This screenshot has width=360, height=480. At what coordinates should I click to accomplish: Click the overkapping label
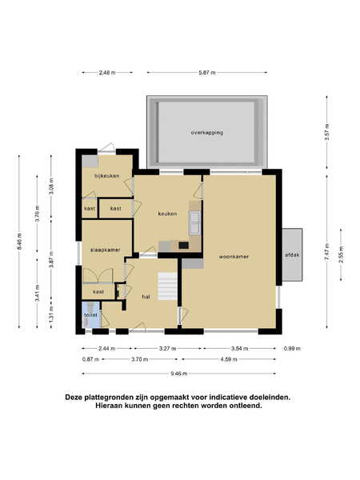pyautogui.click(x=207, y=133)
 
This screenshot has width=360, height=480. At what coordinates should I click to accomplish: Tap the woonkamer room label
pyautogui.click(x=234, y=257)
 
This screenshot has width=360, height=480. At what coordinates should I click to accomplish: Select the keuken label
pyautogui.click(x=167, y=214)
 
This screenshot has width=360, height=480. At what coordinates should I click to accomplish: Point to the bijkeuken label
pyautogui.click(x=107, y=176)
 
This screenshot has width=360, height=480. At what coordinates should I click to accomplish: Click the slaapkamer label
pyautogui.click(x=106, y=250)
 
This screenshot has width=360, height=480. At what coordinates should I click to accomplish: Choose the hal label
pyautogui.click(x=146, y=297)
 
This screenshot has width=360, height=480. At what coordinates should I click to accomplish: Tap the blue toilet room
pyautogui.click(x=91, y=314)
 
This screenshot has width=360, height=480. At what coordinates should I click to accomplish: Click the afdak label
pyautogui.click(x=292, y=254)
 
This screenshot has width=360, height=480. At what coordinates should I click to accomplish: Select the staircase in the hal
pyautogui.click(x=167, y=286)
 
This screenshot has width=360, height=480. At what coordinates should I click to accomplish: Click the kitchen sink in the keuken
pyautogui.click(x=194, y=222)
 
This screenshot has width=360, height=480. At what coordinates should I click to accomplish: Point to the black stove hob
pyautogui.click(x=184, y=246)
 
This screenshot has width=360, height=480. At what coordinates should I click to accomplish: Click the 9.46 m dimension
pyautogui.click(x=178, y=374)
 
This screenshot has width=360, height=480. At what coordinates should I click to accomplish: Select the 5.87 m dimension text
pyautogui.click(x=207, y=73)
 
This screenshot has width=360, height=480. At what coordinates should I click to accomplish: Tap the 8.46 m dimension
pyautogui.click(x=19, y=242)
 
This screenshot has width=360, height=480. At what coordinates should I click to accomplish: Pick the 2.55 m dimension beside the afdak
pyautogui.click(x=341, y=254)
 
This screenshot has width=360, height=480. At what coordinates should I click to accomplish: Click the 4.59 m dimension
pyautogui.click(x=229, y=359)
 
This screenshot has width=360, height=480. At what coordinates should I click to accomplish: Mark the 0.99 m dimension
pyautogui.click(x=292, y=348)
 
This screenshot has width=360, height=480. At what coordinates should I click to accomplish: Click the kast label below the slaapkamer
pyautogui.click(x=98, y=292)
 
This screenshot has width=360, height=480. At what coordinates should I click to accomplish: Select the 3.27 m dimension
pyautogui.click(x=167, y=348)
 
